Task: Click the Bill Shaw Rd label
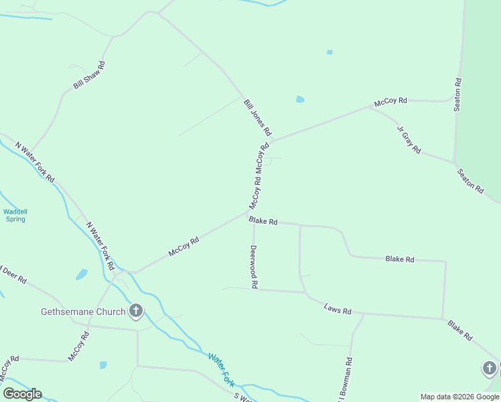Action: pos(90,75)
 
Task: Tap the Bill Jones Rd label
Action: pos(257,116)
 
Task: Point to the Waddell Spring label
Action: pos(14,216)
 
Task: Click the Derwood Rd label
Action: pos(254,266)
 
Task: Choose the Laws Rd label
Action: pos(338,310)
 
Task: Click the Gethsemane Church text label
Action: pos(83,312)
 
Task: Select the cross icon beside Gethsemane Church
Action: pos(136,311)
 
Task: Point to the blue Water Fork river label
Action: pos(220,368)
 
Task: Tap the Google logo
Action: pos(22,394)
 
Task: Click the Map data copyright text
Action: pos(460,397)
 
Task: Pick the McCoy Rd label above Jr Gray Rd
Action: pos(390,101)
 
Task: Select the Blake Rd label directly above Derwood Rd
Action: pos(263,220)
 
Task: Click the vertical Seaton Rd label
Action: pos(458,94)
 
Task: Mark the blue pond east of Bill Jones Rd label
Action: pos(300,100)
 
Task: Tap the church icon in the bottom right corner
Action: pos(490,368)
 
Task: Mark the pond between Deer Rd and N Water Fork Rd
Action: pos(82,274)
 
